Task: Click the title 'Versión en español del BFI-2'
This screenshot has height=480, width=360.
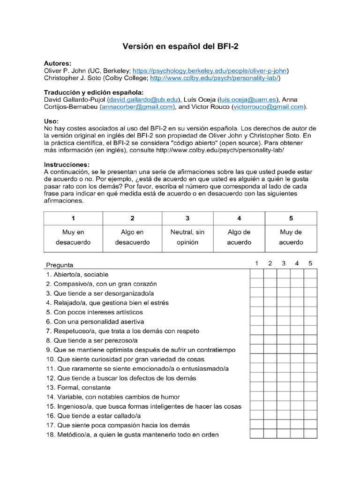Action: pos(180,46)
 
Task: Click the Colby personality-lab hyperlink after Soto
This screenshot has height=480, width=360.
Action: pos(215,78)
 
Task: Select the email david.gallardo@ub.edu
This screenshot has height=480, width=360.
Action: pos(143,100)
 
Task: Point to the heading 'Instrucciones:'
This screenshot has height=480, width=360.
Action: pos(67,165)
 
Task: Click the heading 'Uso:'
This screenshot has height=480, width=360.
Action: pos(52,121)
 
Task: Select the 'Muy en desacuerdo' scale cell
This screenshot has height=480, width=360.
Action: pos(73,237)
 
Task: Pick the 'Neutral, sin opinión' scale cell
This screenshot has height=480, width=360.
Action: pos(187,237)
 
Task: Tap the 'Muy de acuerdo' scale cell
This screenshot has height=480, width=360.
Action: pos(291,237)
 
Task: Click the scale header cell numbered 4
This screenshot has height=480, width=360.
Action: pos(239,218)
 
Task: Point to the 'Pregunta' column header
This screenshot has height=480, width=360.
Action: pos(60,265)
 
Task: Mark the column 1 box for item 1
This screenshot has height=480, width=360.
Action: pos(256,274)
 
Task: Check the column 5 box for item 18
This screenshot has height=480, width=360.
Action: pos(310,435)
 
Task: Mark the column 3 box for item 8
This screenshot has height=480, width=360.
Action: pos(284,340)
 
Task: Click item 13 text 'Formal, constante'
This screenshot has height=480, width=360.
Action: pos(78,388)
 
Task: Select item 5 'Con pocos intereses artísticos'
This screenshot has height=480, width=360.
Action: pos(94,312)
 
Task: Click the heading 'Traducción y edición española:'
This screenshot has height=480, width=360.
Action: pos(94,92)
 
